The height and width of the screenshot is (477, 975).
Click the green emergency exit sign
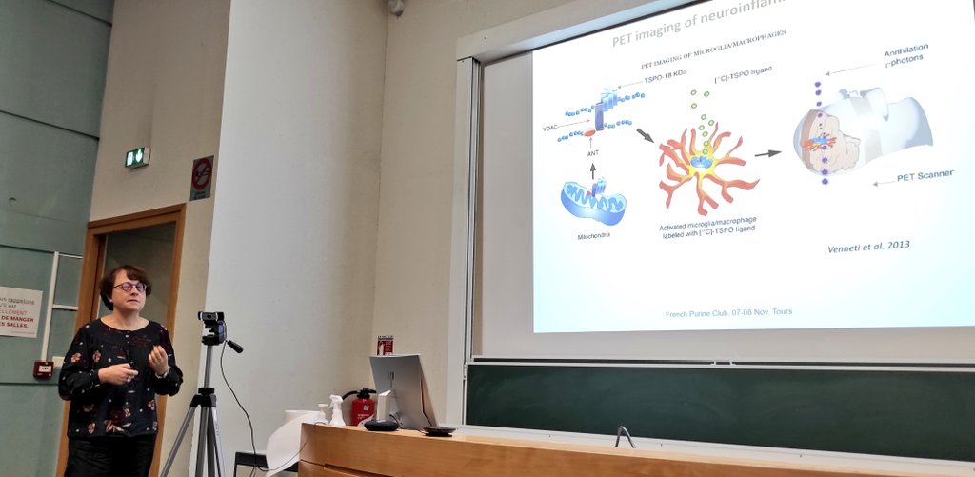coord(137,157)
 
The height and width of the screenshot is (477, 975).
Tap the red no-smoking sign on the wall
coord(201,178)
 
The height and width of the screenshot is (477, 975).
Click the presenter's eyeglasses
coord(129,287)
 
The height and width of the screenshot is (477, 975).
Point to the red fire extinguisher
coord(363,407)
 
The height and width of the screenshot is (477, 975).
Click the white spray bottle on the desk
coord(336,410)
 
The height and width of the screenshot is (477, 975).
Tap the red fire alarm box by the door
coord(43,369)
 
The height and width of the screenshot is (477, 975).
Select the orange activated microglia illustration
coord(705,166)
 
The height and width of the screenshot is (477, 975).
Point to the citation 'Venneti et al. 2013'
coord(867,245)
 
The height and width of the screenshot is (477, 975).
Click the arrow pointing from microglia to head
coord(766,152)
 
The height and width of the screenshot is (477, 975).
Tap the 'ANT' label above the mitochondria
coord(592,152)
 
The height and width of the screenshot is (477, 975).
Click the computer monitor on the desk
coord(401,389)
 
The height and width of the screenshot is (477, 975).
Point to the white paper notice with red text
coord(19,311)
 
